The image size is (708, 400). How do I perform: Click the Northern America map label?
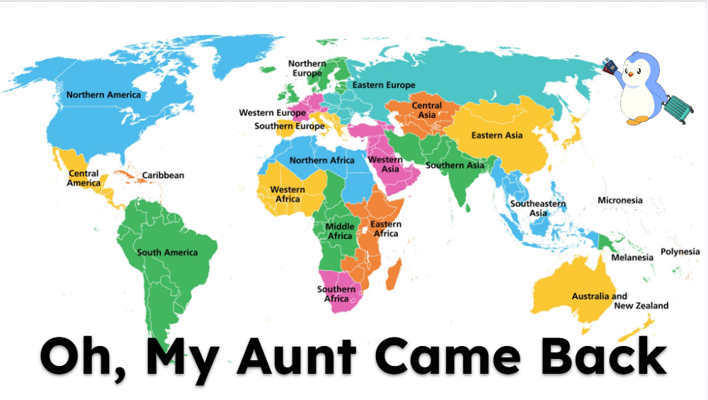103,95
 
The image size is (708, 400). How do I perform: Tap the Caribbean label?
163,175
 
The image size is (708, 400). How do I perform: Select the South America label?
167,252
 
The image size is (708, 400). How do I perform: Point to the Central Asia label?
427,110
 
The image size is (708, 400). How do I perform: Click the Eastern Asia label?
497,135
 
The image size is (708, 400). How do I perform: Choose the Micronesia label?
619,201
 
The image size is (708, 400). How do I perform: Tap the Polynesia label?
680,252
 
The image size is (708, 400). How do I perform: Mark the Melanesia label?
632,258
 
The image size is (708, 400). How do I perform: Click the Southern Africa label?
336,294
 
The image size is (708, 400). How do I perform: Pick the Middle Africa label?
340,231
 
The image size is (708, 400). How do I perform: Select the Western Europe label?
272,113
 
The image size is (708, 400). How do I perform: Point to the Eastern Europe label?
384,85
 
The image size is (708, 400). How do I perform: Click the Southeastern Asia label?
538,209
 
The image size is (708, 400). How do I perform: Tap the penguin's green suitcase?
676,107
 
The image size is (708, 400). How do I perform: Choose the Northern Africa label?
322,160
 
